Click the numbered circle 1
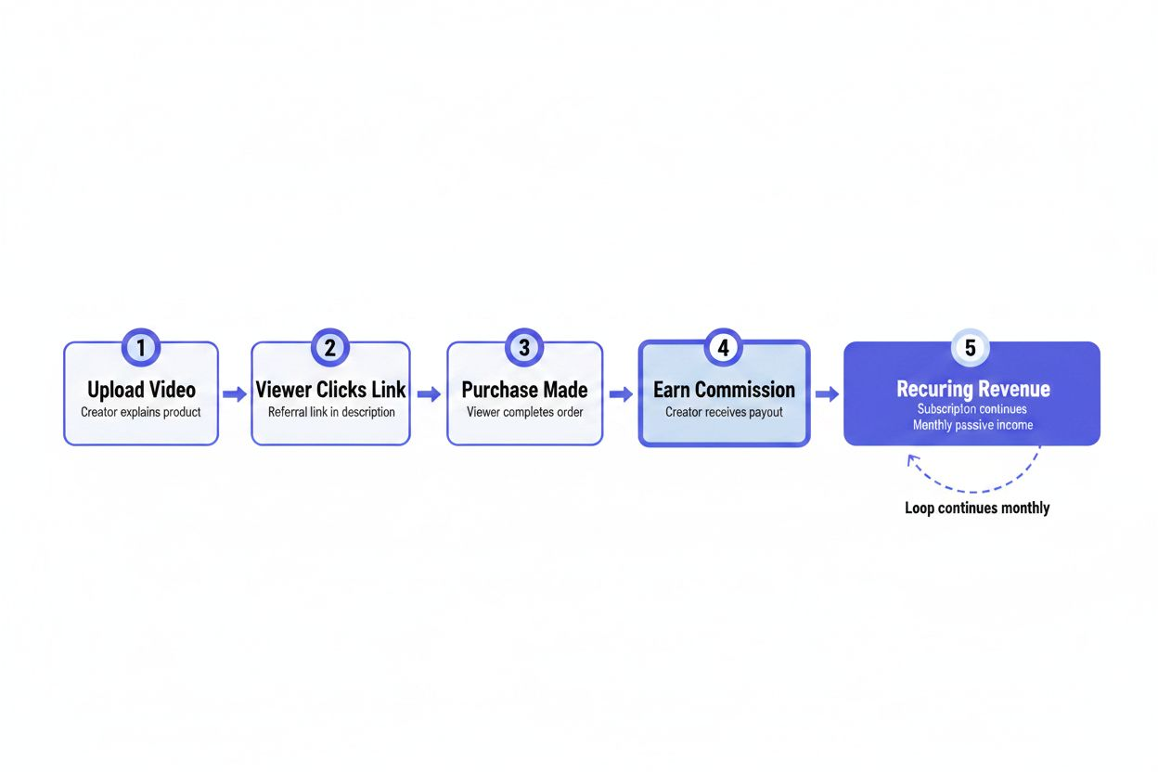pos(141,348)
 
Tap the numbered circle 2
pos(329,348)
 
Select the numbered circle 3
pos(524,348)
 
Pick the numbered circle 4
pos(724,348)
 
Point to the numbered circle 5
pos(971,348)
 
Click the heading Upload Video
pos(141,390)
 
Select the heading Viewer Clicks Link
pos(330,390)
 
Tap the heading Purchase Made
pos(524,390)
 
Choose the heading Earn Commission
pos(724,390)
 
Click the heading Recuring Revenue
pos(971,389)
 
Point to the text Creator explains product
pos(141,412)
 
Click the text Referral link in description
pos(331,412)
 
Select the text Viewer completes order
pos(524,412)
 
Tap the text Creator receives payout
pos(724,412)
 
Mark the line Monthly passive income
pos(972,425)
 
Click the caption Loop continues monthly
pos(977,508)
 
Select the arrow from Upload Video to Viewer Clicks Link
pos(235,394)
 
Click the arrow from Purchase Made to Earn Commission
pos(620,394)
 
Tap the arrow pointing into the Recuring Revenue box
pos(826,394)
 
